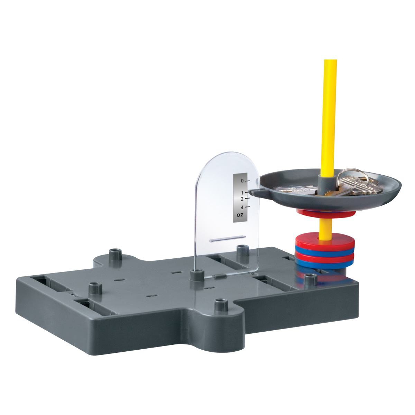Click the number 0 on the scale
coord(242,181)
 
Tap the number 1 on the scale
coord(242,193)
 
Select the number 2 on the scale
coord(242,199)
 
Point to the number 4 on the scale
coord(242,207)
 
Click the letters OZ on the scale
coord(240,215)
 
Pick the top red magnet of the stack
coord(325,241)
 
